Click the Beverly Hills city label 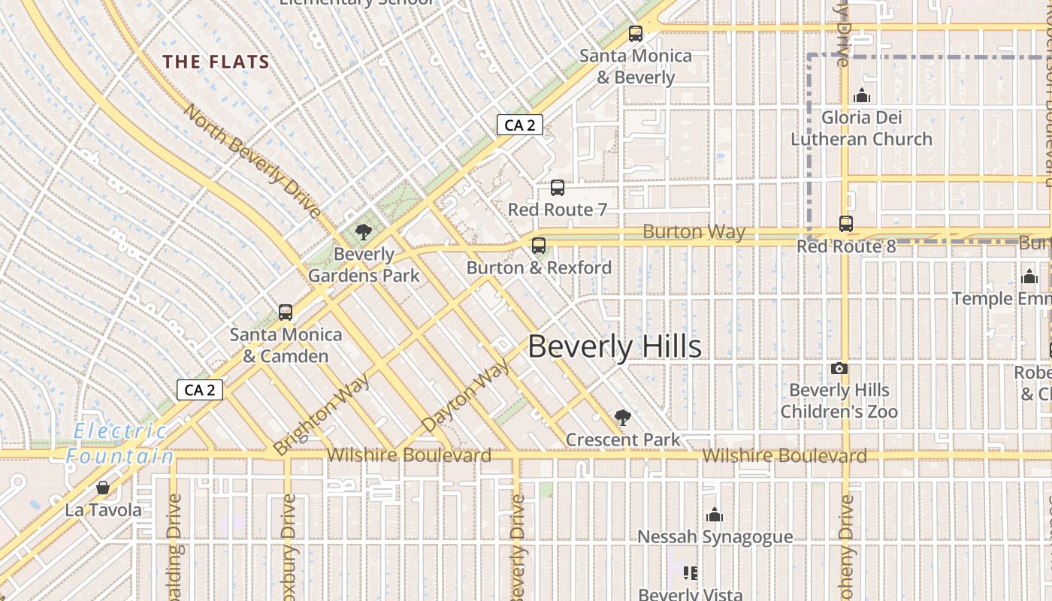(615, 347)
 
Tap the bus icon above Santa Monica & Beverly (636, 34)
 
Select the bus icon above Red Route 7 (557, 188)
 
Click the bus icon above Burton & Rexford (538, 246)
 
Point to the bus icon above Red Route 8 (846, 224)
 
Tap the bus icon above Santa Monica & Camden (286, 313)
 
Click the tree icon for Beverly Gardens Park (364, 231)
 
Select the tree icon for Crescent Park (622, 418)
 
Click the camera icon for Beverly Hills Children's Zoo (839, 368)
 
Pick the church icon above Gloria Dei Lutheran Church (861, 95)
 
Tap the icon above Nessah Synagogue (715, 515)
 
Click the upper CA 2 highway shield (520, 125)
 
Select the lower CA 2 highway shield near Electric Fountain (200, 389)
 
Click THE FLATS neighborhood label (216, 62)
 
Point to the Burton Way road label (694, 232)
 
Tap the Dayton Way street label (466, 396)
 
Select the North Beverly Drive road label (252, 160)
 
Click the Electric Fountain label (120, 443)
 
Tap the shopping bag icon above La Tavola (103, 488)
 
